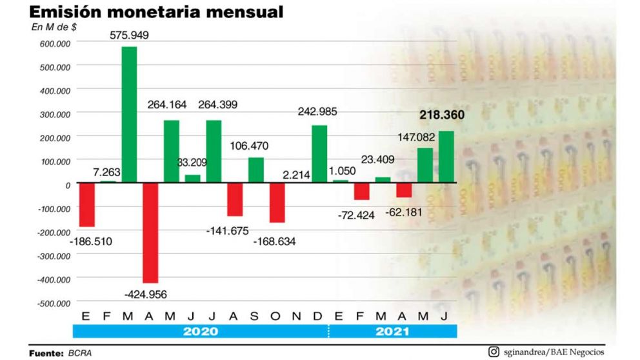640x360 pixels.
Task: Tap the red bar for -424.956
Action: pos(150,232)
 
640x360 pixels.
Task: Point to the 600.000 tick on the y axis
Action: pos(55,43)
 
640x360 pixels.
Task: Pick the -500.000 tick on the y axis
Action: pos(54,302)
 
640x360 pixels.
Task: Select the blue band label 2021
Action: pos(392,332)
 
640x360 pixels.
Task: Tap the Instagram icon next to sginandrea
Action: pos(494,352)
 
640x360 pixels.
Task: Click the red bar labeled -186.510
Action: pos(87,205)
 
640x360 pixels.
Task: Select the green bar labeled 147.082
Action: pos(425,165)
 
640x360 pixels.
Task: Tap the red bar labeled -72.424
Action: pos(361,191)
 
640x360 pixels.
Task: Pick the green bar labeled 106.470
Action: pos(256,170)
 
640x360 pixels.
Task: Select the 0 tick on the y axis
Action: pos(67,185)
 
